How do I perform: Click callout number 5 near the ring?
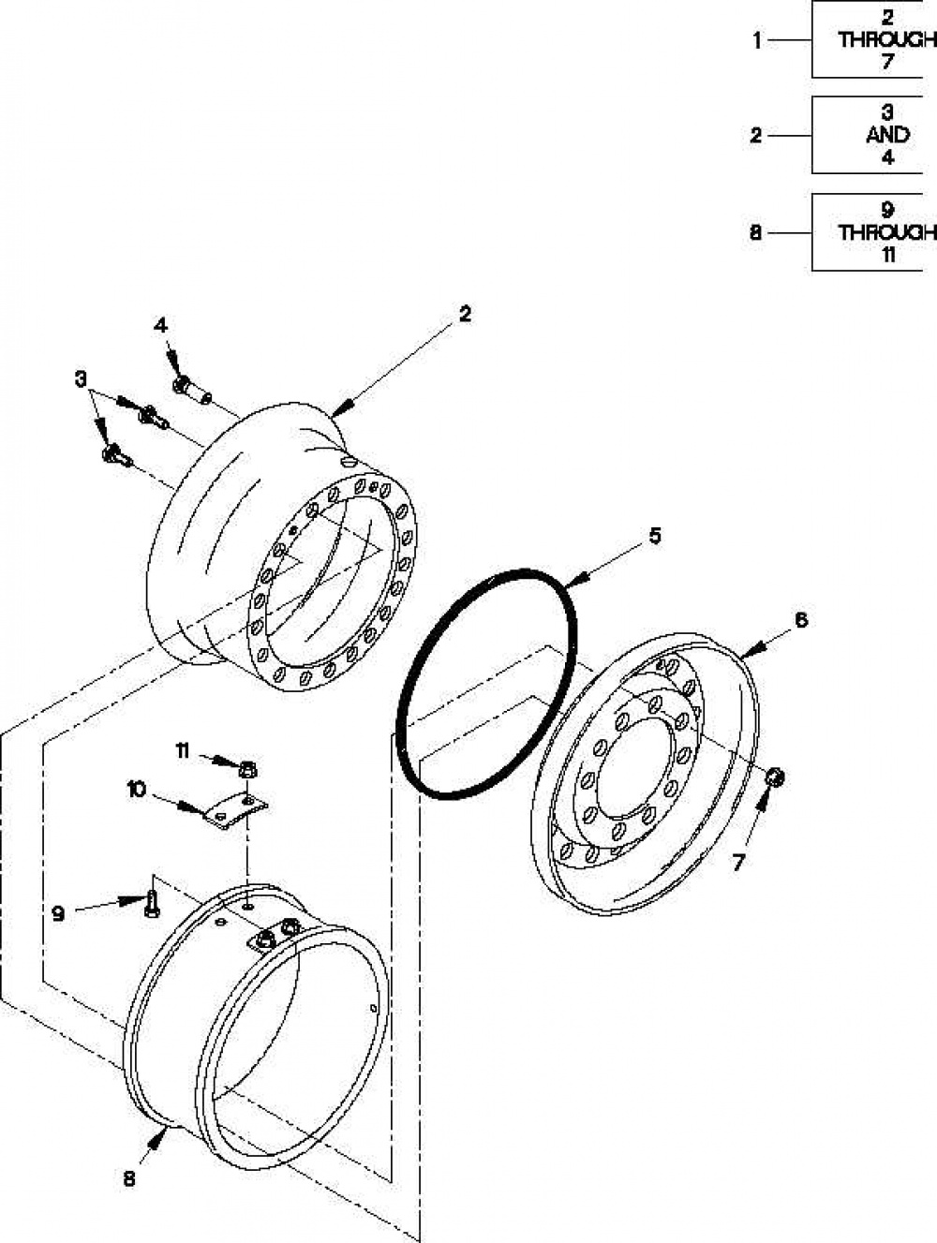[x=655, y=535]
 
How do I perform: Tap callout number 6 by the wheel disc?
[x=800, y=621]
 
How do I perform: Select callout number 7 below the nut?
[x=737, y=863]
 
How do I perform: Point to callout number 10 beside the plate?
[x=137, y=790]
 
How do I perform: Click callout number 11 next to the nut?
[x=183, y=752]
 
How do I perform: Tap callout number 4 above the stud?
[x=161, y=326]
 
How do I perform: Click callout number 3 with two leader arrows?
[x=82, y=379]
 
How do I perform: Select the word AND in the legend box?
[x=887, y=135]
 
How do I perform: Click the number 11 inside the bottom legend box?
[x=887, y=256]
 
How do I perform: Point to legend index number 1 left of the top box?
[x=757, y=41]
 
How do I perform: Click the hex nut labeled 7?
[x=774, y=777]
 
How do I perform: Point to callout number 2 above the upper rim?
[x=465, y=315]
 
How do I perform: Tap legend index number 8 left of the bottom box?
[x=756, y=232]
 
